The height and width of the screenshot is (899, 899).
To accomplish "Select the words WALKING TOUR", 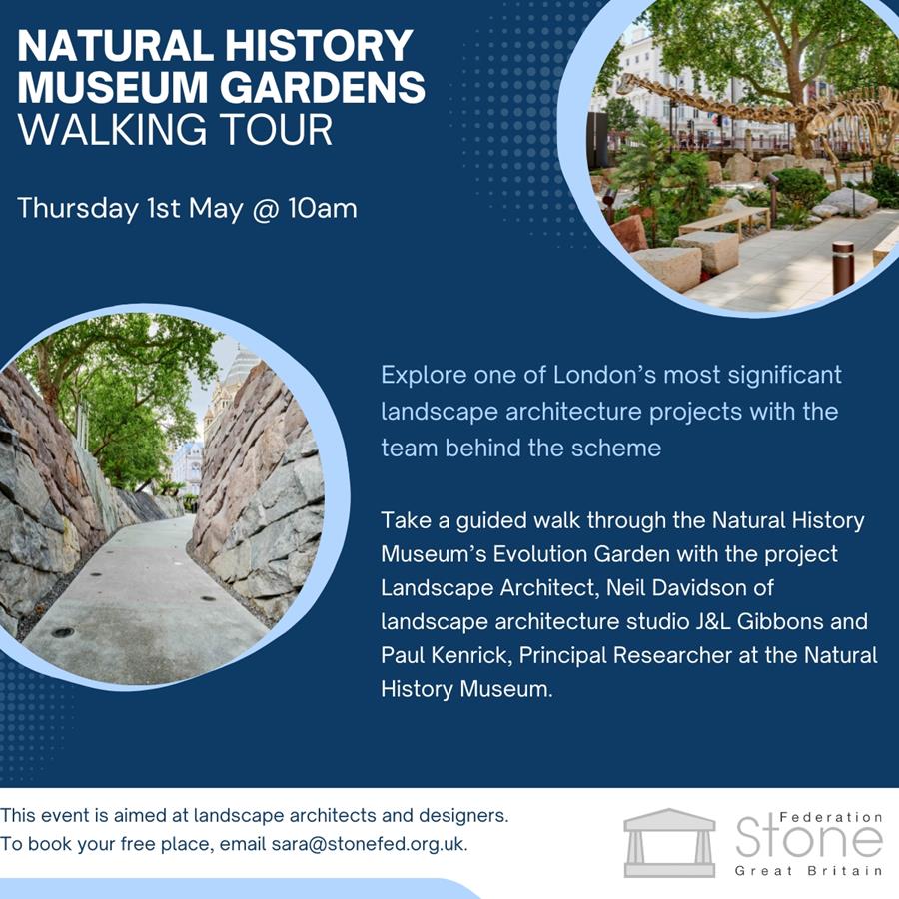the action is click(176, 130).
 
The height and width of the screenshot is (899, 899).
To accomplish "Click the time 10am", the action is click(323, 208).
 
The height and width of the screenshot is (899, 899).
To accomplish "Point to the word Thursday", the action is click(78, 209).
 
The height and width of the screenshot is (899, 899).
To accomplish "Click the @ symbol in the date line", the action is click(266, 209).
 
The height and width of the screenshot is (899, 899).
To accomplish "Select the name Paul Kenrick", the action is click(445, 655).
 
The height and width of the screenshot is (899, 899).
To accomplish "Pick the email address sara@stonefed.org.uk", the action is click(370, 844).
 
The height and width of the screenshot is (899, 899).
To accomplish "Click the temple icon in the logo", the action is click(669, 843).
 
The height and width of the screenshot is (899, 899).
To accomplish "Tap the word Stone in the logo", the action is click(809, 838).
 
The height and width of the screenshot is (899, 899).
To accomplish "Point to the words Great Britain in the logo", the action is click(809, 871).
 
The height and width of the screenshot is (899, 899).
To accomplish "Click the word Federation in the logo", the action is click(831, 817).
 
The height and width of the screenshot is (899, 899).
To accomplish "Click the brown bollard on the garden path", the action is click(843, 267).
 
